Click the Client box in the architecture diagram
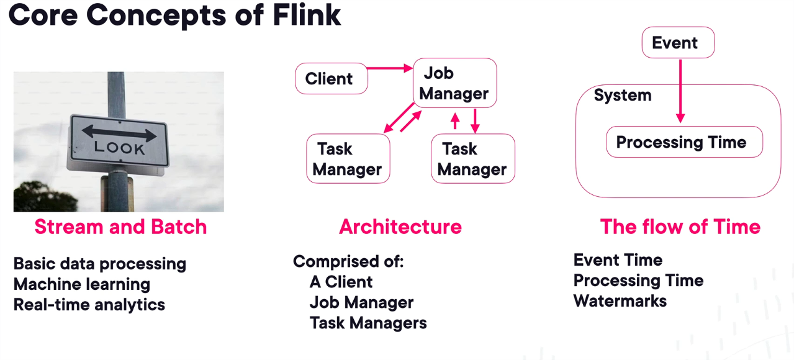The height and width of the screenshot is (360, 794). [331, 79]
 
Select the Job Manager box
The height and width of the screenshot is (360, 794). [455, 83]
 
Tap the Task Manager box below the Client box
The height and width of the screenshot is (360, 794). [348, 159]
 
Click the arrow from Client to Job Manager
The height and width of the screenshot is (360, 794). [390, 68]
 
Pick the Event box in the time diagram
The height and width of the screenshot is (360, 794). [678, 43]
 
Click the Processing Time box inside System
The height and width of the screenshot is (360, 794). [683, 142]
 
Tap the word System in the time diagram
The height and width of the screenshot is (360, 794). [623, 96]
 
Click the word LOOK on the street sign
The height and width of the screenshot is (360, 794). [119, 148]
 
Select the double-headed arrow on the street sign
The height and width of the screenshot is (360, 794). [119, 132]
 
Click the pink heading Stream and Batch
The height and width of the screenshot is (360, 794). [120, 227]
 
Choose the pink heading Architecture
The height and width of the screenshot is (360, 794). [400, 227]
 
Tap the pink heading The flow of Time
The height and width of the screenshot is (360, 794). [680, 227]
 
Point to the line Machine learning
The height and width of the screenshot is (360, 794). [82, 284]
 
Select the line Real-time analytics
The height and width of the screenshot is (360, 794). [89, 305]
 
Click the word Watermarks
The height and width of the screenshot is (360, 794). [620, 301]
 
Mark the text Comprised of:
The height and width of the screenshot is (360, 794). [348, 261]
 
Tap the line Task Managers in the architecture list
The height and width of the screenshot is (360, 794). [368, 323]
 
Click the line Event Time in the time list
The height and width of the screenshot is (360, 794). [618, 260]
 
